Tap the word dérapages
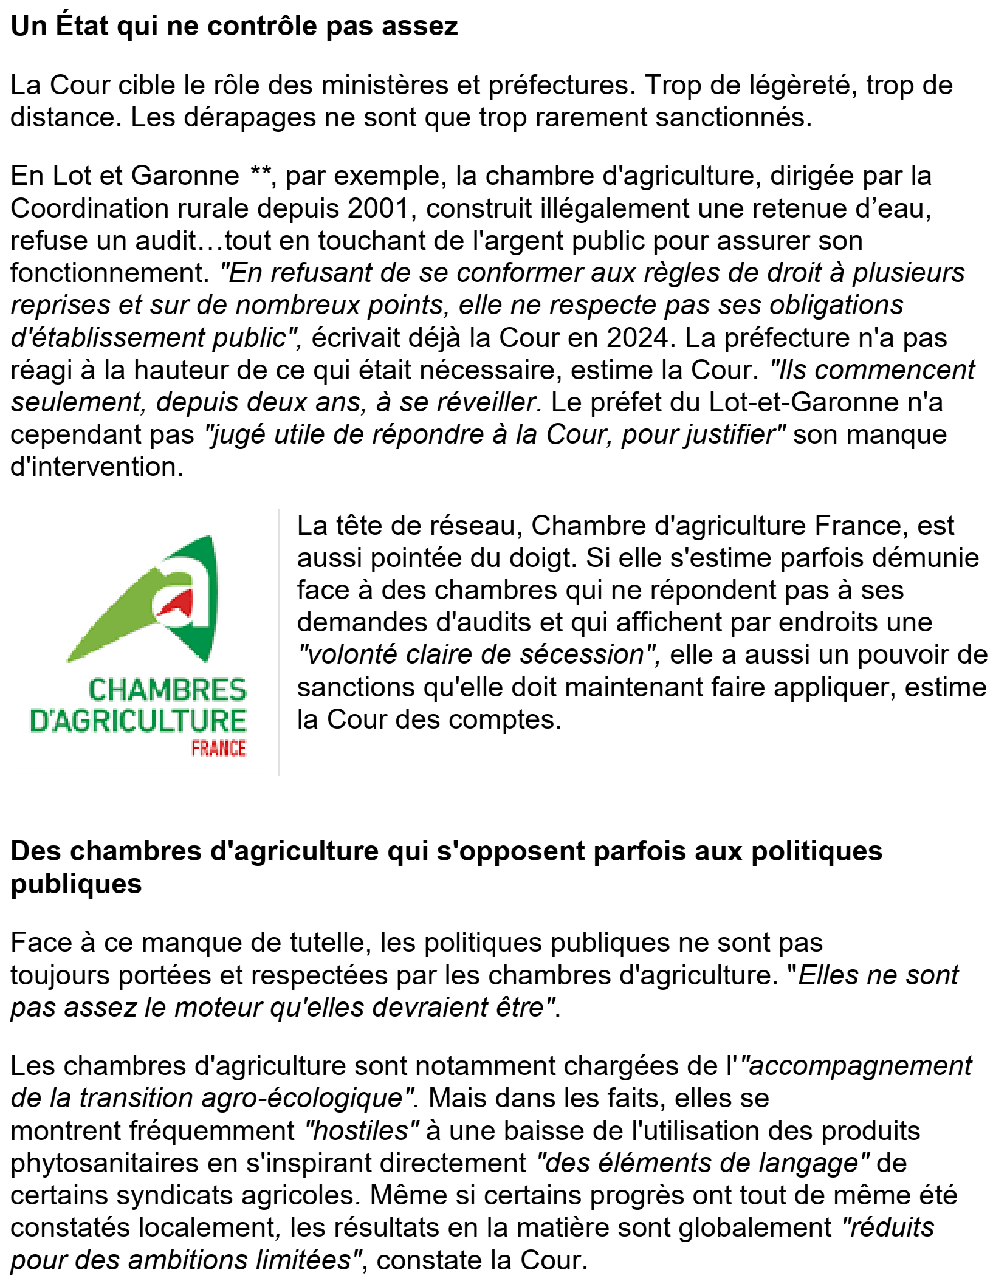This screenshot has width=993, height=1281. [250, 117]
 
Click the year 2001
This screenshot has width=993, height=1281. [379, 208]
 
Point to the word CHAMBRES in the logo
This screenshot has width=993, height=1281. [168, 690]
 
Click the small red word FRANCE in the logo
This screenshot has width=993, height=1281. [219, 748]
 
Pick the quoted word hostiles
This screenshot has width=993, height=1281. [361, 1131]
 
